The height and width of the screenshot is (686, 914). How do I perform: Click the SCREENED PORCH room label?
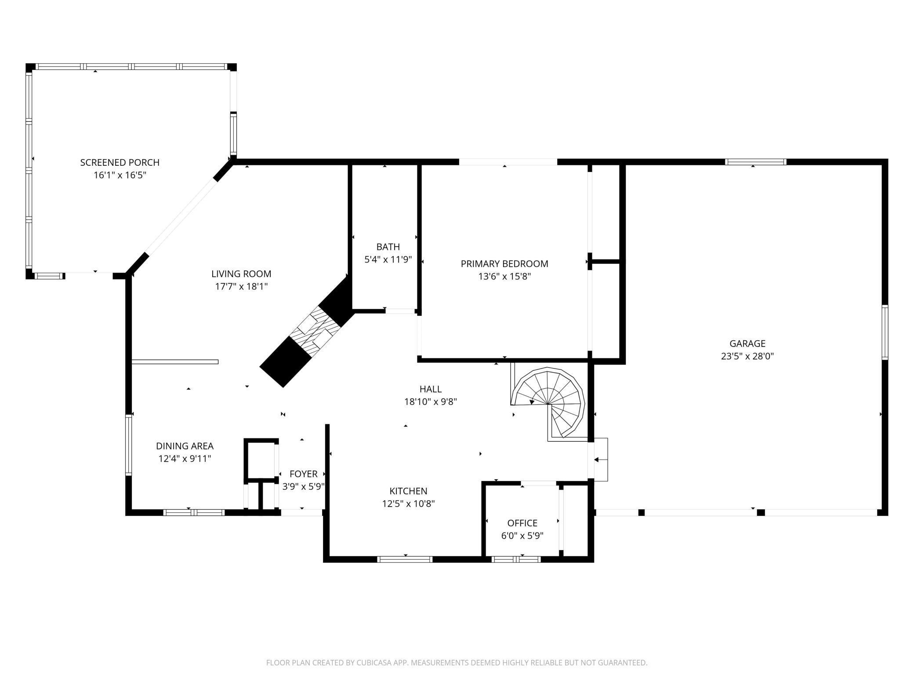point(120,162)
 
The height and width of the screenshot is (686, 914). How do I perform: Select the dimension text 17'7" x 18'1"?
point(241,287)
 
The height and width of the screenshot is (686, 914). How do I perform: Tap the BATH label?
point(388,247)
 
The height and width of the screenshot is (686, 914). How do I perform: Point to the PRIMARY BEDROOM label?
point(504,264)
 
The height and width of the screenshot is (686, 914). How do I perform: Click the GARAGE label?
point(747,343)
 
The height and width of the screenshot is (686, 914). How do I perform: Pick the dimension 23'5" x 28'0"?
point(747,356)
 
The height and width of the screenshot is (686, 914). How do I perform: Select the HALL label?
point(430,389)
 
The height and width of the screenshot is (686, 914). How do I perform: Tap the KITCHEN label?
point(408,491)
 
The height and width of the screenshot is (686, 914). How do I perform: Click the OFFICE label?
point(522,523)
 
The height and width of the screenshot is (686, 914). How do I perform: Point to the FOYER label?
point(303,474)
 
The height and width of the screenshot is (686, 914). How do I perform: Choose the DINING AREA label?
point(185,446)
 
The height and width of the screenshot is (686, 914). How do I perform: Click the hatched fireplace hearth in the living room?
point(317,330)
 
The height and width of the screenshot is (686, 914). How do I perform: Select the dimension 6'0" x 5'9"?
point(522,536)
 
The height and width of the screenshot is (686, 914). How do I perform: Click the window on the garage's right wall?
point(885,332)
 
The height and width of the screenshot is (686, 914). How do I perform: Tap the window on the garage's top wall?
point(755,162)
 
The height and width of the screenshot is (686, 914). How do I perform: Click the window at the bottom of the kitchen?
point(405,559)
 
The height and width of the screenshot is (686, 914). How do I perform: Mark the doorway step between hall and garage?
point(600,460)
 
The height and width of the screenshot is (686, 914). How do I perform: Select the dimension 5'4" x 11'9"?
point(388,259)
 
